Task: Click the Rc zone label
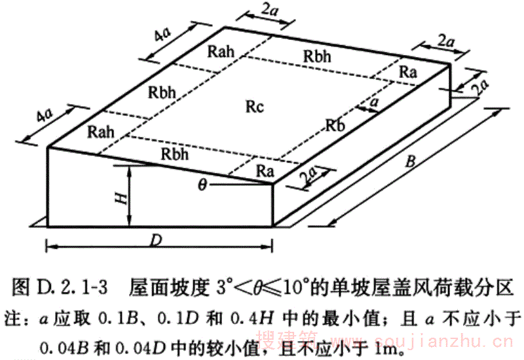[255, 107]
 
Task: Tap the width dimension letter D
[155, 240]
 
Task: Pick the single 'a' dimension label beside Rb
[374, 103]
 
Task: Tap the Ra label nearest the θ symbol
[264, 172]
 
